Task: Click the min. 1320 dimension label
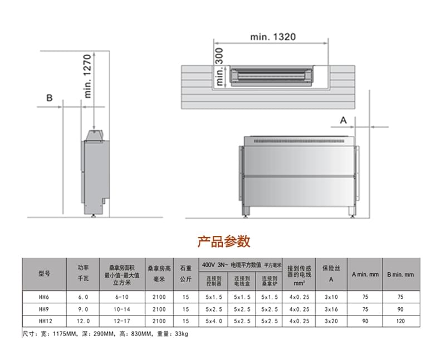(x=273, y=37)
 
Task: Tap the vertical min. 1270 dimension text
(x=87, y=76)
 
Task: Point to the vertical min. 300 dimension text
(x=219, y=67)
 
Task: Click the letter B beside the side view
(x=49, y=98)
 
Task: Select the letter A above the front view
(x=344, y=120)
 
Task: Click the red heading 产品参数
(x=224, y=241)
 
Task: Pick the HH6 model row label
(x=44, y=297)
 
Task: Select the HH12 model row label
(x=45, y=321)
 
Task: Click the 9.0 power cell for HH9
(x=83, y=309)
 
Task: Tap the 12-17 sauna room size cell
(x=122, y=321)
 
